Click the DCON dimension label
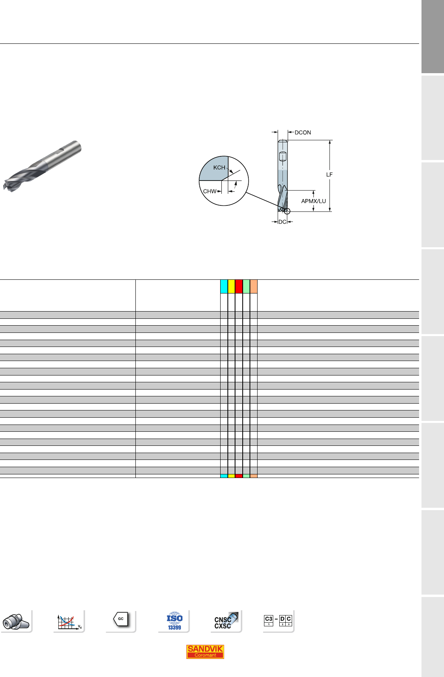tap(303, 132)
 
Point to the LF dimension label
tap(329, 174)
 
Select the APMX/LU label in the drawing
tap(313, 201)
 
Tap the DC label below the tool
tap(282, 222)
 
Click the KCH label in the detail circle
tap(219, 167)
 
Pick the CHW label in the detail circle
tap(210, 191)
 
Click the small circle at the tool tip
tap(287, 211)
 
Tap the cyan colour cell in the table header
tap(224, 286)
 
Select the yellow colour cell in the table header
tap(231, 286)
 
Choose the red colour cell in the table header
tap(239, 286)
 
